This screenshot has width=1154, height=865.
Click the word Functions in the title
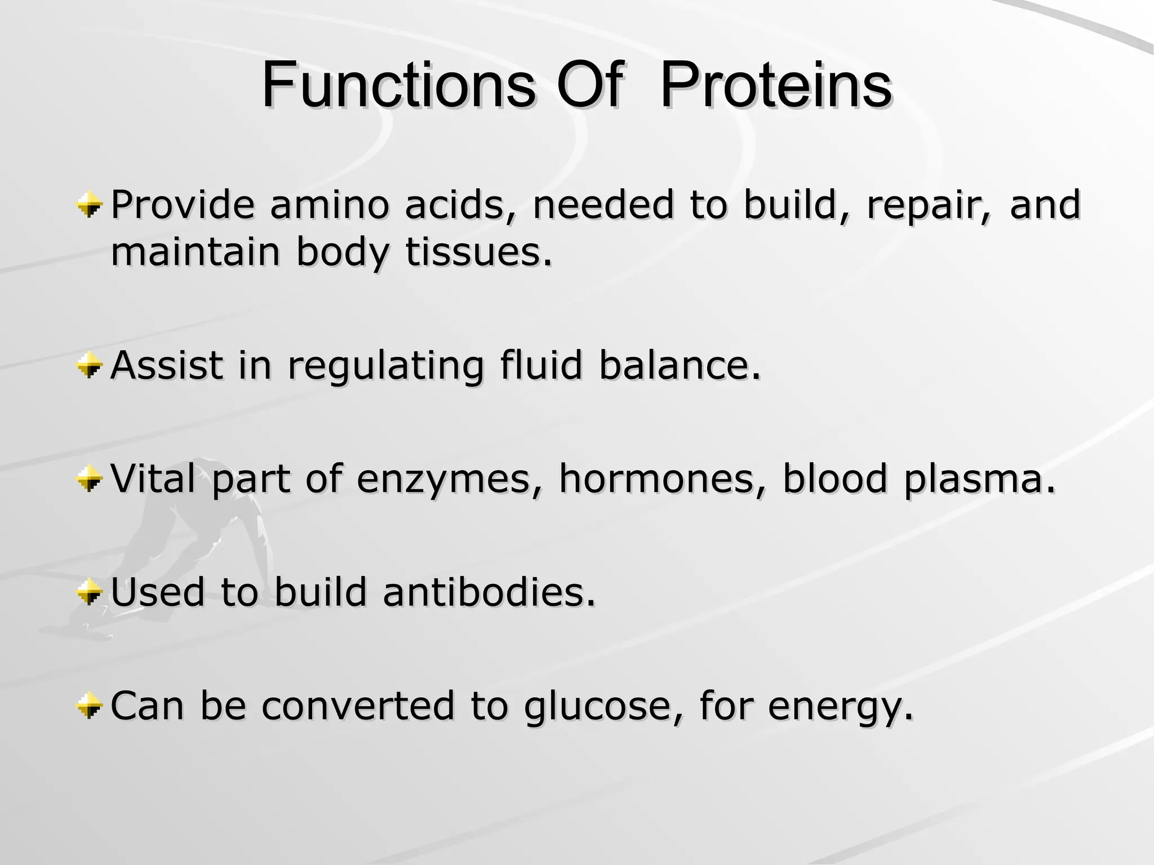pos(398,86)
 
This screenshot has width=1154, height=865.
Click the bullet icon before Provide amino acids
pos(90,206)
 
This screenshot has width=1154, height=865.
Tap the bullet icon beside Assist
pos(90,367)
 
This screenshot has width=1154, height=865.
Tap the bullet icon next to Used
pos(90,593)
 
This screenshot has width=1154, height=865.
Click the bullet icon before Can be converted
pos(90,706)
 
